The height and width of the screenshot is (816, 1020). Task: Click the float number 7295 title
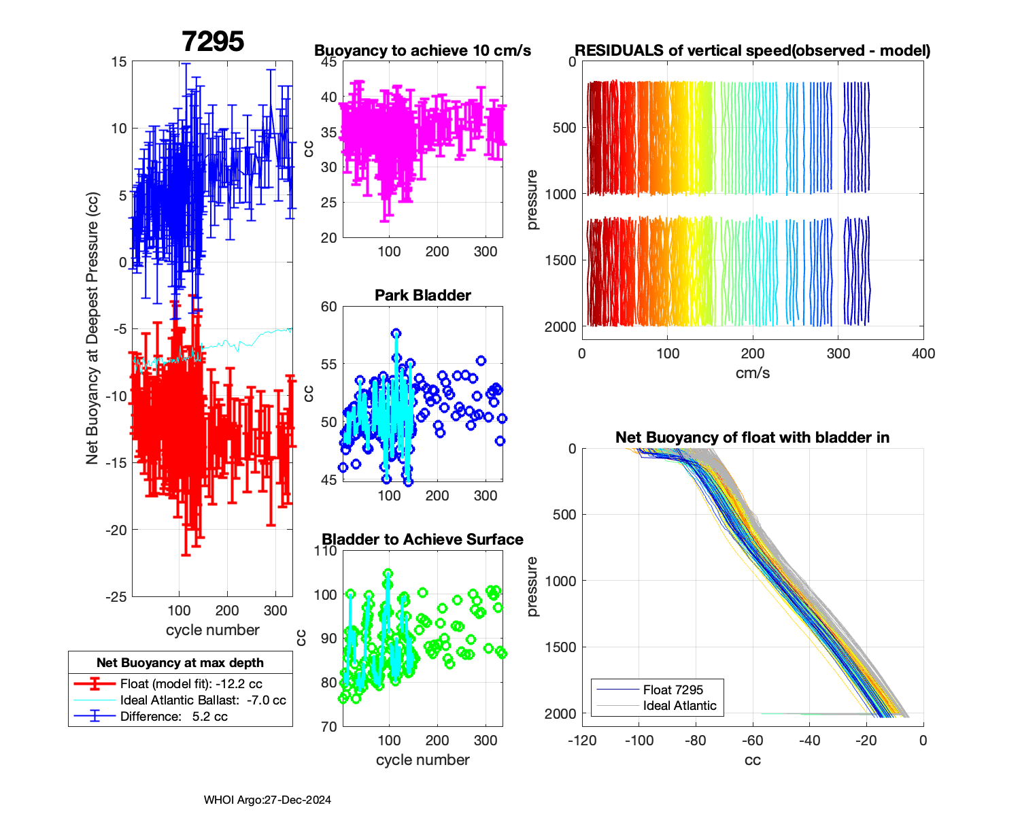click(213, 41)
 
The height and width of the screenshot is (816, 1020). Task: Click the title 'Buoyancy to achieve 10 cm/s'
click(422, 51)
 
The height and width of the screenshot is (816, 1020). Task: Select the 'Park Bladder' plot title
click(422, 295)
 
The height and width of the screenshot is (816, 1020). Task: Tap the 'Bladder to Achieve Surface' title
click(422, 539)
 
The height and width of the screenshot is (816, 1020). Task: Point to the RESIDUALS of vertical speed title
click(752, 51)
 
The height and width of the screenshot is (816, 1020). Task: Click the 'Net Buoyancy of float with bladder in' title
click(752, 437)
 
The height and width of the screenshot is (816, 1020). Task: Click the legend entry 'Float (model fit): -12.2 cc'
click(191, 684)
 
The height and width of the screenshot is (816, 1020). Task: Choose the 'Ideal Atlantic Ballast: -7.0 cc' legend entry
click(203, 700)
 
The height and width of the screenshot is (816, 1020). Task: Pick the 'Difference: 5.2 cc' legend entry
click(173, 716)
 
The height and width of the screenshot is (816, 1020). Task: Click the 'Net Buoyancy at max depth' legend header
click(180, 663)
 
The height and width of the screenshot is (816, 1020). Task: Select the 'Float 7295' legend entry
click(673, 690)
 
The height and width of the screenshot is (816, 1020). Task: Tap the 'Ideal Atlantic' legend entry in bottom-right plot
click(679, 706)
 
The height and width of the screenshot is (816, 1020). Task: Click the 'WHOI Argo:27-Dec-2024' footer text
click(267, 800)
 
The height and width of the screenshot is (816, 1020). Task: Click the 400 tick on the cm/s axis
click(923, 354)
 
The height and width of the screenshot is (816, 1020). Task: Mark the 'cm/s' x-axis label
click(752, 373)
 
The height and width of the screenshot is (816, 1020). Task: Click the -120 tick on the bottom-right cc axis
click(582, 741)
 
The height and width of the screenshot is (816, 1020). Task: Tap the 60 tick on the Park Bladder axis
click(329, 307)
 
